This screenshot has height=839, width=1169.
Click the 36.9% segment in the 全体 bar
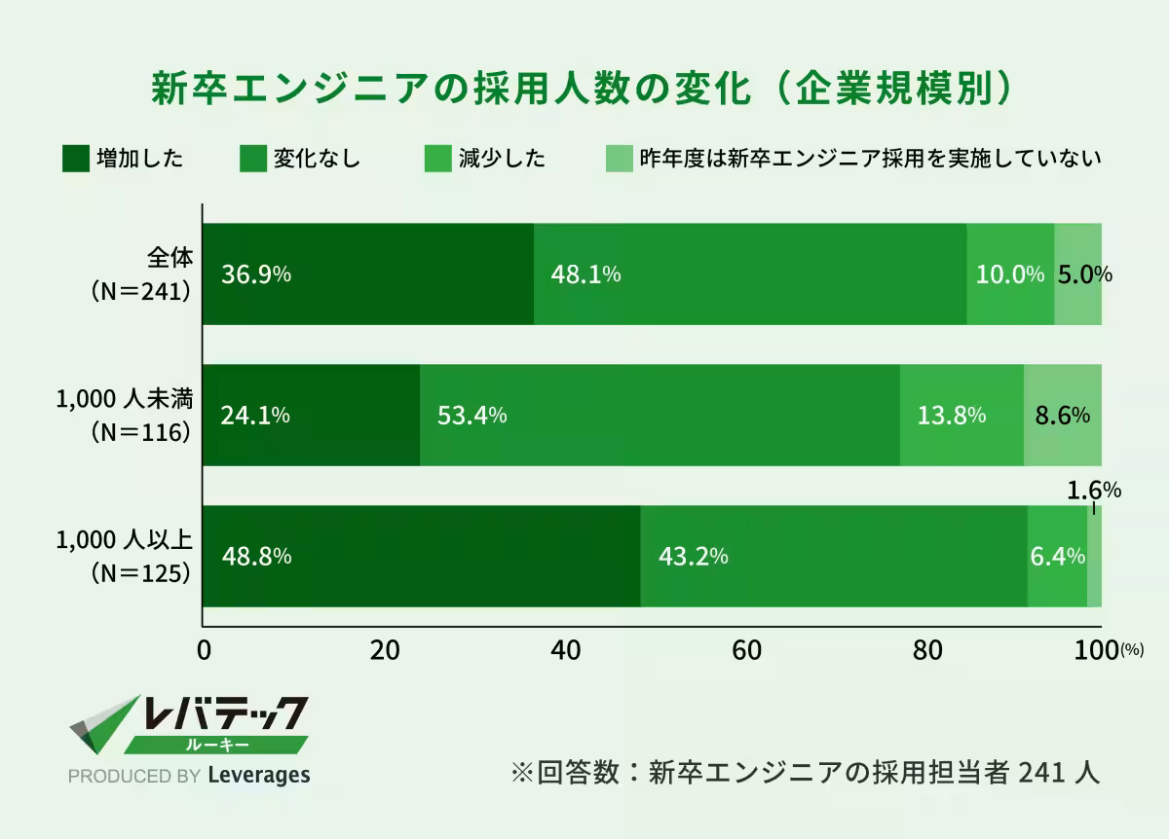(368, 274)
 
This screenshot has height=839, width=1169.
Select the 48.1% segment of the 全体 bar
(750, 274)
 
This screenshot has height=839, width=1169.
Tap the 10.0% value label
(1010, 274)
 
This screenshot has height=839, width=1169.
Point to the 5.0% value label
(1084, 274)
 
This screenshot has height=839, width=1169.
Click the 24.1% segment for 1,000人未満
(312, 416)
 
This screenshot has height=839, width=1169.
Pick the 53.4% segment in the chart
(660, 416)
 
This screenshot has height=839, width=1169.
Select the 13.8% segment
(952, 416)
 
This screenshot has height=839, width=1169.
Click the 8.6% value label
(1062, 416)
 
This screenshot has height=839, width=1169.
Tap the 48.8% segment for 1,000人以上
(422, 557)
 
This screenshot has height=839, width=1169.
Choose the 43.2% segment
(834, 557)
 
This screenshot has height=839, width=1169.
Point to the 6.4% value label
(1057, 557)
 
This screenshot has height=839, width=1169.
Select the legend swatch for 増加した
(76, 158)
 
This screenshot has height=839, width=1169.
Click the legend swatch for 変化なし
(252, 158)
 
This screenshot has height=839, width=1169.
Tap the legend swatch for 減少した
(438, 158)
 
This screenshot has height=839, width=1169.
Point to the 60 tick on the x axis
(746, 650)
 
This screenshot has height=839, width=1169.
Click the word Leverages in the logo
(259, 776)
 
